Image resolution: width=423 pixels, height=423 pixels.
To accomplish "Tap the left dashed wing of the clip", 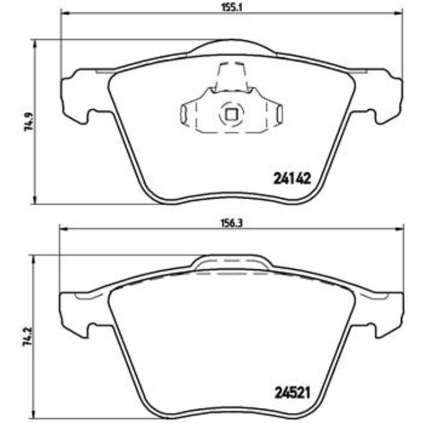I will tap(187, 115).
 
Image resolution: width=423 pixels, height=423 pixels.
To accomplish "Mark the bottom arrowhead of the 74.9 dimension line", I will tap(34, 200).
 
